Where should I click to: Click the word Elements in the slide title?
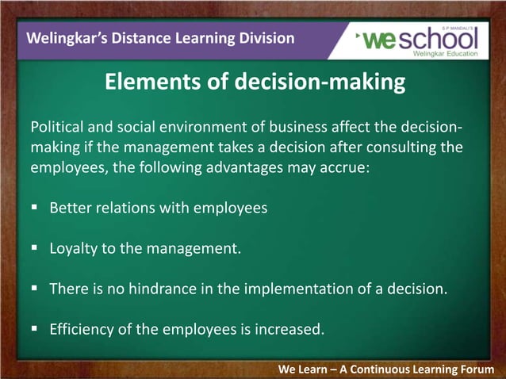pos(142,82)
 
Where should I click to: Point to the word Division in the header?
pos(266,38)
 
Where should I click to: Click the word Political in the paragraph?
pos(56,128)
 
